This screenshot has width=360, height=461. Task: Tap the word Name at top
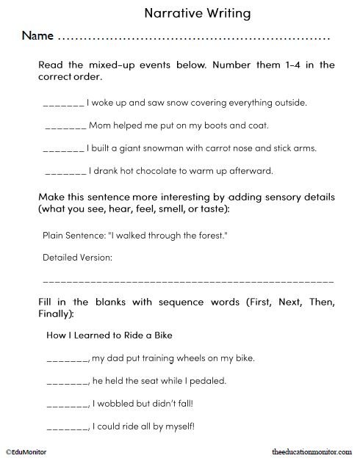tap(37, 35)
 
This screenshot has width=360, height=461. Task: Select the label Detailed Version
tap(77, 258)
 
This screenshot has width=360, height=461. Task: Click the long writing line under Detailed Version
tap(188, 282)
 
